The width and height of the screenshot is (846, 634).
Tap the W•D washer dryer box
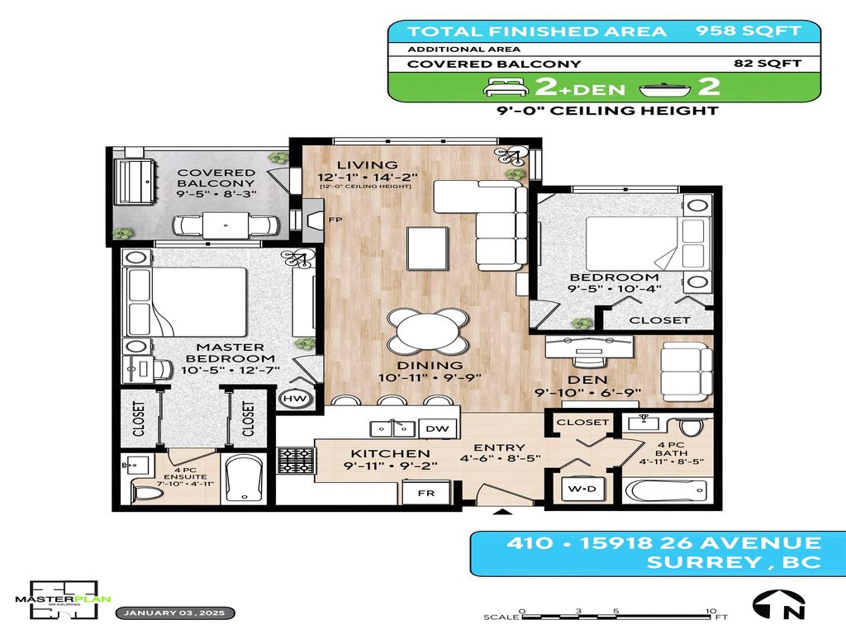582,489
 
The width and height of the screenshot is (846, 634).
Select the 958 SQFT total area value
747,31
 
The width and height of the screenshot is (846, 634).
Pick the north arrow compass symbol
778,605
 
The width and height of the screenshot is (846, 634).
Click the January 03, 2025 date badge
176,613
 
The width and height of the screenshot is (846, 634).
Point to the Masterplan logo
63,593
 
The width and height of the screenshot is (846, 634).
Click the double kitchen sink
392,428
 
